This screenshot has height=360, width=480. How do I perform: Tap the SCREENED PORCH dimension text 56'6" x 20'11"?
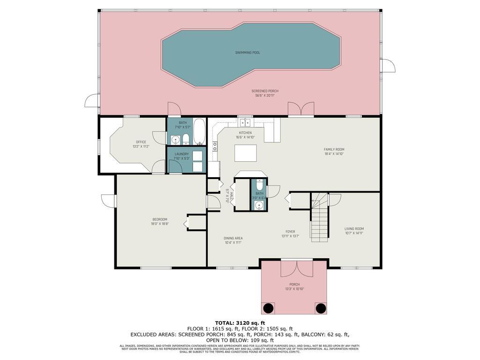tap(265, 96)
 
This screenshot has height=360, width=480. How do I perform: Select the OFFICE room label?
tap(141, 142)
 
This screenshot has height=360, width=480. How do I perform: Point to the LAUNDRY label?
tap(181, 154)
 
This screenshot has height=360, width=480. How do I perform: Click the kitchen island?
tap(246, 153)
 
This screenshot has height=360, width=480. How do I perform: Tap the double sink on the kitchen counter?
tap(244, 123)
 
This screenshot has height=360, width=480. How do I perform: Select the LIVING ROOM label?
tap(354, 229)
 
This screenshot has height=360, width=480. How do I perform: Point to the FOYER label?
tap(291, 232)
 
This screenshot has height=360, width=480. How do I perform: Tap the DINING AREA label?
tap(232, 238)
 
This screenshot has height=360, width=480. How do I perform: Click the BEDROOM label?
tap(159, 219)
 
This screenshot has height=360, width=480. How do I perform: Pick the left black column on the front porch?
tap(268, 308)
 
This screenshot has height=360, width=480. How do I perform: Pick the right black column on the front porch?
tap(321, 308)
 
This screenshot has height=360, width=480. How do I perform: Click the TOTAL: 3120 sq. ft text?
tap(240, 323)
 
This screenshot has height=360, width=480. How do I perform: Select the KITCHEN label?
tap(245, 133)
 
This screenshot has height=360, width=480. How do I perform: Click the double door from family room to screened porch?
tap(300, 109)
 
